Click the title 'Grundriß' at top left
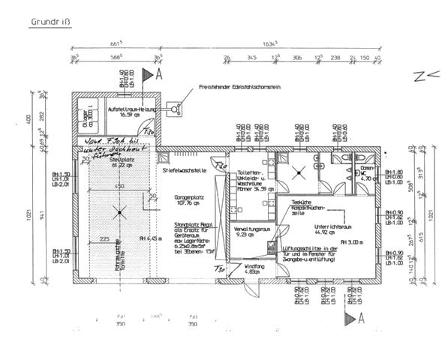(49, 22)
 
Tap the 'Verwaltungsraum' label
(251, 228)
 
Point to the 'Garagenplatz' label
(191, 196)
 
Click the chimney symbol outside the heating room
(176, 109)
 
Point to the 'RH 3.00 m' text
(351, 242)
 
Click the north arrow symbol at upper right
(420, 75)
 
